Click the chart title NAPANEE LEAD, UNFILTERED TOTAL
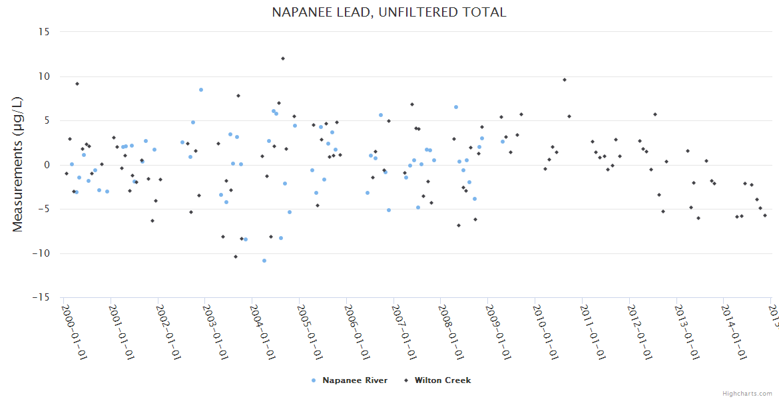click(x=389, y=12)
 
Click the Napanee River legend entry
click(x=354, y=380)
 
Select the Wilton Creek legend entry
click(x=442, y=380)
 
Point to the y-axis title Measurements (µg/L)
click(x=18, y=164)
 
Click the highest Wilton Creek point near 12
click(x=282, y=59)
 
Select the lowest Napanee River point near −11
click(x=264, y=261)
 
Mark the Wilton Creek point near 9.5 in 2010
click(x=565, y=80)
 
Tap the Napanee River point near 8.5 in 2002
click(x=201, y=90)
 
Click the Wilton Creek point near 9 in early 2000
click(x=77, y=84)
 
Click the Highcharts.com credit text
click(x=748, y=394)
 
